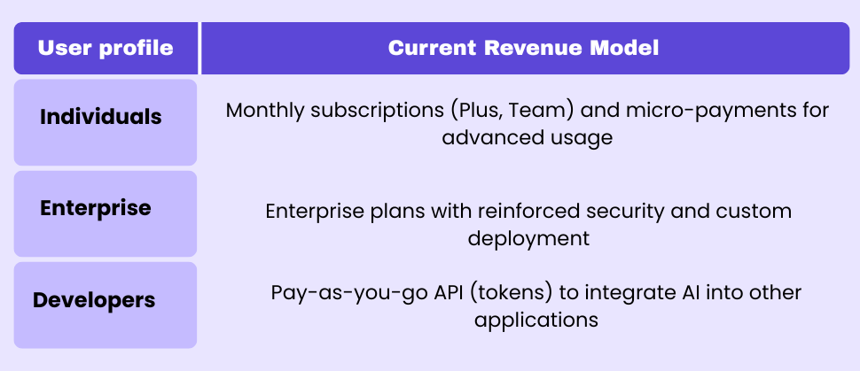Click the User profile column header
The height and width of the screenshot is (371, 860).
pos(106,48)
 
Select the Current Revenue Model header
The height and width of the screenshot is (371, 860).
pos(523,48)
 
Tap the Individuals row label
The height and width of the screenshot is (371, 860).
pos(101,117)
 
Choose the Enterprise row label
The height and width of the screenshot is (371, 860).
pos(96,209)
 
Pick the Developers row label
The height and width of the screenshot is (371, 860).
pos(94,300)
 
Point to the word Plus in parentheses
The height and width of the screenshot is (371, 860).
pos(477,111)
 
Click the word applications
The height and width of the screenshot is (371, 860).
pos(536,319)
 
